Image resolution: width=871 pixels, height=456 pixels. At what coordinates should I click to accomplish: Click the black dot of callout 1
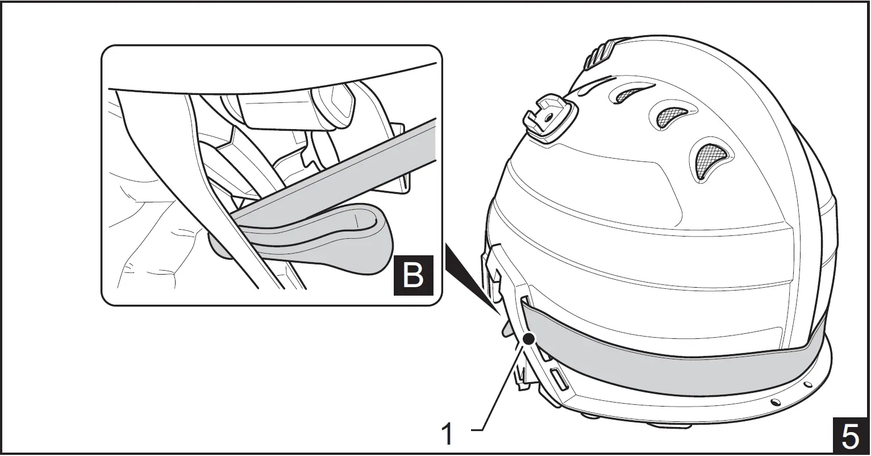click(529, 339)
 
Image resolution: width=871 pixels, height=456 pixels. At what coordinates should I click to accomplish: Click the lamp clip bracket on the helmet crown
click(548, 117)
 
